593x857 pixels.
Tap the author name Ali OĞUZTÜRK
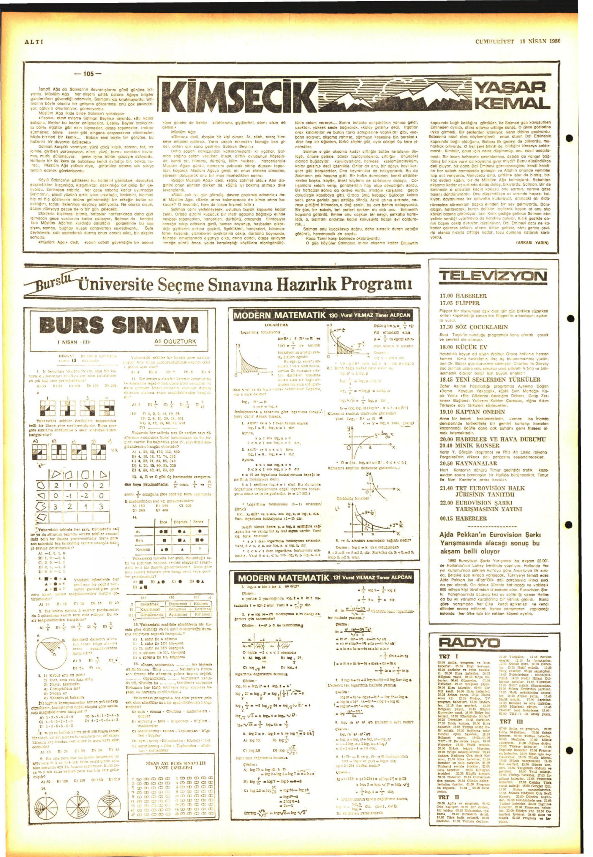click(175, 341)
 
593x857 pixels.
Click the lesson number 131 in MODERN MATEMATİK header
click(339, 577)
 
